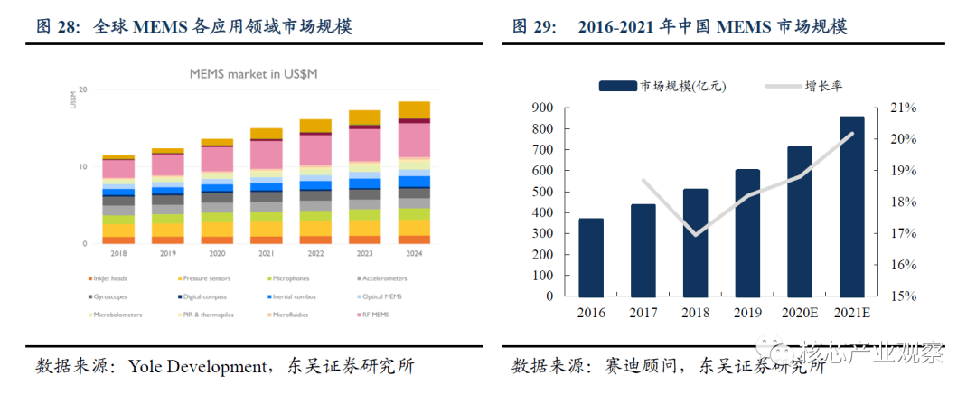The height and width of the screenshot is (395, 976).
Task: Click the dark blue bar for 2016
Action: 591,257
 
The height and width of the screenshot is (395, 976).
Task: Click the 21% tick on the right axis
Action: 904,108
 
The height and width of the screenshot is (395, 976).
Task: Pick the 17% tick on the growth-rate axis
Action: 904,233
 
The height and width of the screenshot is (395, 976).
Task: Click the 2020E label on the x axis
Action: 799,312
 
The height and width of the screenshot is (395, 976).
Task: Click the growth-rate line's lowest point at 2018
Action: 695,235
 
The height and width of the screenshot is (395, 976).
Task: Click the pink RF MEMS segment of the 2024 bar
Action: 414,140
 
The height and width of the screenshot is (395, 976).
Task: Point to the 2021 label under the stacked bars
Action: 266,254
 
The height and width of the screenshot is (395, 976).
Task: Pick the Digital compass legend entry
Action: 203,296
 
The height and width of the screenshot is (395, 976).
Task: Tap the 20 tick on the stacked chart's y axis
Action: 82,89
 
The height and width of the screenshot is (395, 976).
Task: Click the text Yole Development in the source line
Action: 197,367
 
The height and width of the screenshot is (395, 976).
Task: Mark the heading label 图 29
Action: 532,26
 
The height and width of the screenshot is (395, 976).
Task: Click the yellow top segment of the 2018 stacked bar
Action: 118,157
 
